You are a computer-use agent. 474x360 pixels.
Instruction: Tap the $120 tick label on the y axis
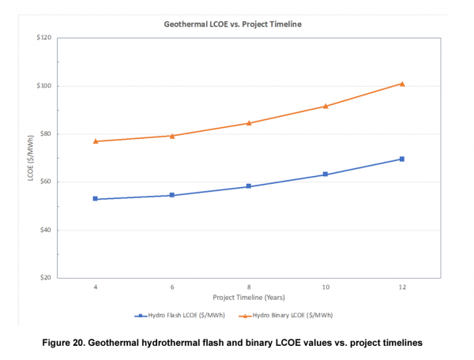coord(44,37)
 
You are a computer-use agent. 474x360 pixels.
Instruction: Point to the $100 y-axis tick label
coord(44,85)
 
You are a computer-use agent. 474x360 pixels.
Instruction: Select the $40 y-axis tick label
coord(46,230)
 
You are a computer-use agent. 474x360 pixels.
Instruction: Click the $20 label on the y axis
coord(46,278)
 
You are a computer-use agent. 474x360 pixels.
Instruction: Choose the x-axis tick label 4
coord(96,288)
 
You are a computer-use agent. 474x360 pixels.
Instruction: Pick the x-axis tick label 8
coord(249,288)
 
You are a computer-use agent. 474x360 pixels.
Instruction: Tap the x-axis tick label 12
coord(402,288)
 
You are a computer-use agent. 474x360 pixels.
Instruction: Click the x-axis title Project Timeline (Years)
coord(249,298)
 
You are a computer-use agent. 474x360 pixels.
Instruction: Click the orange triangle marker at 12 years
coord(402,84)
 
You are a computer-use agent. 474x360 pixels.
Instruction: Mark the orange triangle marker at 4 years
coord(96,141)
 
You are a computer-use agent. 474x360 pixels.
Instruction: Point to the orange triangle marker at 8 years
coord(249,123)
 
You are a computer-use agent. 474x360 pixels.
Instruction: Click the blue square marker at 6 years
coord(172,195)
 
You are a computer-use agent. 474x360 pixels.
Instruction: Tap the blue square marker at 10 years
coord(325,174)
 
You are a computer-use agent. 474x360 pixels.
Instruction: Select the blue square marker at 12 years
coord(402,159)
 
